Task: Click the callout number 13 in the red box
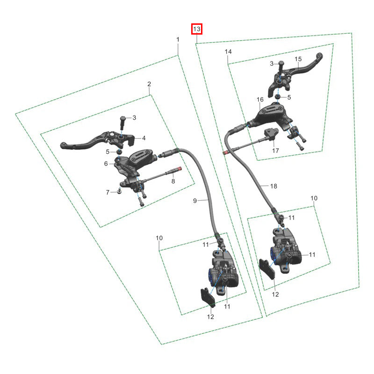click(x=197, y=29)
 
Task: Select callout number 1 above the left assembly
click(x=178, y=39)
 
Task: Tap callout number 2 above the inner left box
click(x=149, y=84)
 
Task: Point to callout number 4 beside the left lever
click(x=144, y=138)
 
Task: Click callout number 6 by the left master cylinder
click(x=106, y=164)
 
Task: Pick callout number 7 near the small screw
click(x=108, y=192)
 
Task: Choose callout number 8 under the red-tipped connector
click(x=173, y=181)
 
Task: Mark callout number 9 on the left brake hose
click(x=195, y=201)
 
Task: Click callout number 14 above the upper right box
click(x=228, y=52)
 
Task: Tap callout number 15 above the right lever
click(x=298, y=59)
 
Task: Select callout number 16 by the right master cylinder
click(x=260, y=100)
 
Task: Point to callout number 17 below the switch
click(x=275, y=151)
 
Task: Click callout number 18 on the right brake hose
click(x=273, y=186)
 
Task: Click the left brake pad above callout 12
click(x=208, y=297)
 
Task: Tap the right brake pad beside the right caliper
click(x=267, y=269)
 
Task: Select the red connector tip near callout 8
click(x=180, y=168)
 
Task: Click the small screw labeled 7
click(x=119, y=191)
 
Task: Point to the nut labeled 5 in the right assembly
click(x=277, y=97)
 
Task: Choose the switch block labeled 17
click(x=271, y=134)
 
